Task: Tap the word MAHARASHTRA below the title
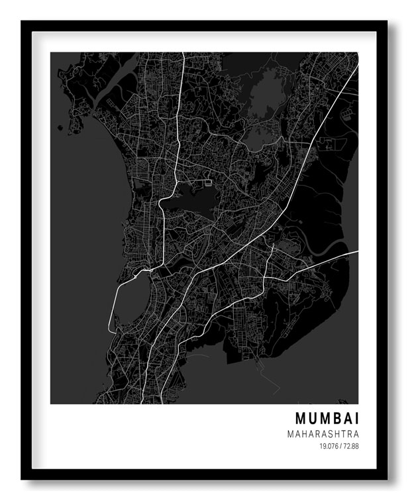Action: [323, 434]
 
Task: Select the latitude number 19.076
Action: [329, 447]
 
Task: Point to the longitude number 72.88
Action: [350, 447]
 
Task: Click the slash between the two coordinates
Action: [340, 447]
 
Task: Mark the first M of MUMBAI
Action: [299, 419]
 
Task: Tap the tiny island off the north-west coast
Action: [60, 133]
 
